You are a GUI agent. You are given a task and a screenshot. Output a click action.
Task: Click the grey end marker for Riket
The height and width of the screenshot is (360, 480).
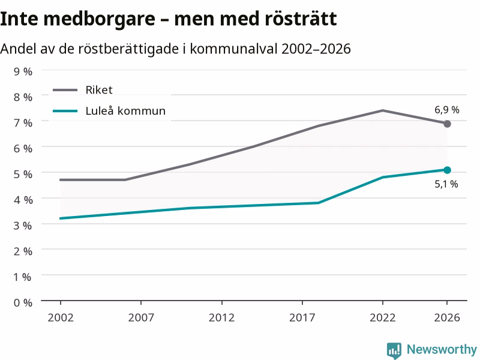click(447, 124)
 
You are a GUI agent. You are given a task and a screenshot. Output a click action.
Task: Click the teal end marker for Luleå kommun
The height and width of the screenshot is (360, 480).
click(447, 170)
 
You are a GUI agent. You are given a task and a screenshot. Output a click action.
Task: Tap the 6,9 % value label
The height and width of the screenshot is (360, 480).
click(447, 110)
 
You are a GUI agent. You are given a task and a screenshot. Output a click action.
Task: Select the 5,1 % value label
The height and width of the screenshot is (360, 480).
click(446, 184)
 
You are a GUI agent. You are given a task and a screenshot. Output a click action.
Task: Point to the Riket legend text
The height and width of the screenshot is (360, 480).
click(99, 90)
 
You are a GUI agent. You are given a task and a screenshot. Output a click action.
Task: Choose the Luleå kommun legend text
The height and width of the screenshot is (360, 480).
click(125, 111)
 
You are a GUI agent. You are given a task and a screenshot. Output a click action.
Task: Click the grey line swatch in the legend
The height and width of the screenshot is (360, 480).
click(65, 90)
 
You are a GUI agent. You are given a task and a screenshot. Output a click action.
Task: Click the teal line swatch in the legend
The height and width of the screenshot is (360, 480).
click(65, 111)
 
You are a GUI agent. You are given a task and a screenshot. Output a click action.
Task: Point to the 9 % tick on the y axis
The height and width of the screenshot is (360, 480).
click(23, 71)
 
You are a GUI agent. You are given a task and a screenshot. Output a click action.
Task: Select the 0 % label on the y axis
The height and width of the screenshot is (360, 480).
click(23, 303)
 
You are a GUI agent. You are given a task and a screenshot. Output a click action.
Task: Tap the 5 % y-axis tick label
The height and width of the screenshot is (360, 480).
click(23, 174)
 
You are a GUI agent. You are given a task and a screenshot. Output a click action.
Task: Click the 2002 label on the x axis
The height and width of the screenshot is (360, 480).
click(61, 317)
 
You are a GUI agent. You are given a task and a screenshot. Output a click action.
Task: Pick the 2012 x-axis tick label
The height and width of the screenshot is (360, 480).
click(221, 317)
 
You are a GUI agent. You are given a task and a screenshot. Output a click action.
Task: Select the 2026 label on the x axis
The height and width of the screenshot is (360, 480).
click(447, 317)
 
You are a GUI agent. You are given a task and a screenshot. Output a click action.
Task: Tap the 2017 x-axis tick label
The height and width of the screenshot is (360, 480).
click(302, 317)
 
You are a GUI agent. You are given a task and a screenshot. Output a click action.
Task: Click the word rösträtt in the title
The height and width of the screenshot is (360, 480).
click(301, 19)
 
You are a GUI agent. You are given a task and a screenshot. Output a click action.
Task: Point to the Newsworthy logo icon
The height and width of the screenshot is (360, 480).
click(394, 350)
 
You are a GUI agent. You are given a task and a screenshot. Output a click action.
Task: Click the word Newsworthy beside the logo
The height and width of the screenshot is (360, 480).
click(442, 349)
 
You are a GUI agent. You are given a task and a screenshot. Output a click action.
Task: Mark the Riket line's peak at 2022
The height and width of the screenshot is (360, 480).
click(383, 110)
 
